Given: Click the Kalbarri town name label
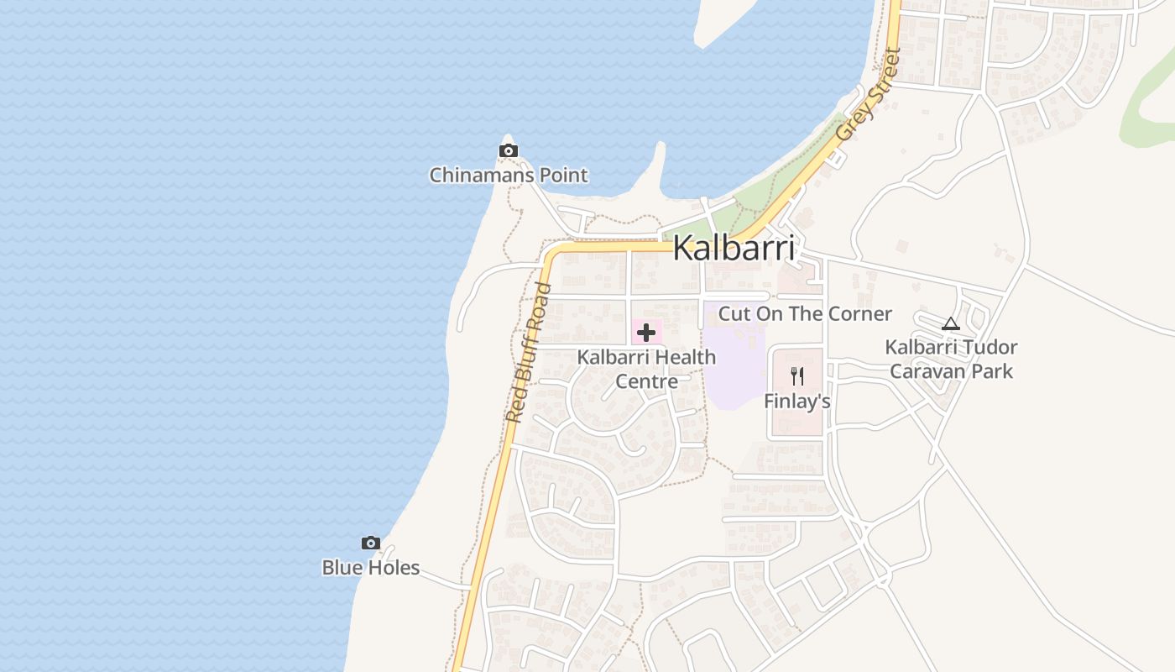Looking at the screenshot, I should (x=734, y=249).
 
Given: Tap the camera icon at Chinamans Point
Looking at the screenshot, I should (x=508, y=151).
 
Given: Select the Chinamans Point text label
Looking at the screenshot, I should (x=509, y=176).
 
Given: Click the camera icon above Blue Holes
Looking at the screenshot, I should (x=370, y=543).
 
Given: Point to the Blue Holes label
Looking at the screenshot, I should (x=370, y=568).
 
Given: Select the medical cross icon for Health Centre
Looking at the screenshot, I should (x=646, y=333).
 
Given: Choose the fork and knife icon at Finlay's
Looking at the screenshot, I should (x=797, y=376).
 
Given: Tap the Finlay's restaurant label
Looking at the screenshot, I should (x=797, y=402).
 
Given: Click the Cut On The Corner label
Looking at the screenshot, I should (x=805, y=314).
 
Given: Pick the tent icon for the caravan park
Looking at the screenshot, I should (x=950, y=323).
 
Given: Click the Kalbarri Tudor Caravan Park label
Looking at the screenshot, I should (x=952, y=359).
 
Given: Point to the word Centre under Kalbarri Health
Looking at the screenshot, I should (x=646, y=381).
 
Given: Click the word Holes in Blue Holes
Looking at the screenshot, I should (x=390, y=568).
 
